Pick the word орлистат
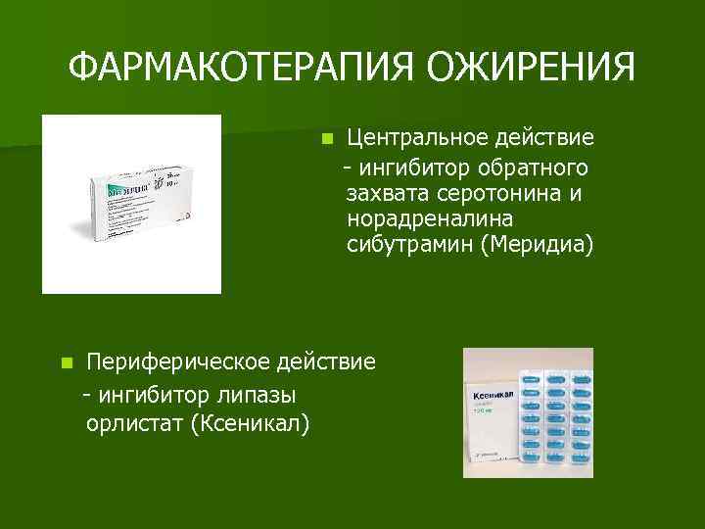pyautogui.click(x=134, y=422)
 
